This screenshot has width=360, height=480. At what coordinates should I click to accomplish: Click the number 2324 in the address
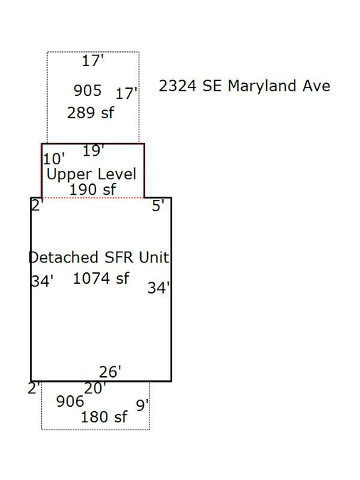tap(177, 86)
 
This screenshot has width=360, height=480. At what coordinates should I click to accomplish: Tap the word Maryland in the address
tap(262, 86)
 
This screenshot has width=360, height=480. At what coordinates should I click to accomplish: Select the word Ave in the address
tap(317, 86)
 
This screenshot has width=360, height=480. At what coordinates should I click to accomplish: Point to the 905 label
tap(88, 90)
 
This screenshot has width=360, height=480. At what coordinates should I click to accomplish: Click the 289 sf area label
tap(90, 112)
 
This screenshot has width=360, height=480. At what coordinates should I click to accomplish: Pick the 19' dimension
tap(93, 151)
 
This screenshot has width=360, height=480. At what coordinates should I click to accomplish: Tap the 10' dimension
tap(54, 159)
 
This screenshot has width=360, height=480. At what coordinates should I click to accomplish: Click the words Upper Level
tap(91, 174)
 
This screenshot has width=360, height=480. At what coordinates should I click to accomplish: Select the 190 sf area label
tap(92, 189)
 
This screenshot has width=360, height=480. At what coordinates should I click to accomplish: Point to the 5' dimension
tap(158, 206)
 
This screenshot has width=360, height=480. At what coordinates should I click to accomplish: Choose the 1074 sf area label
tap(101, 279)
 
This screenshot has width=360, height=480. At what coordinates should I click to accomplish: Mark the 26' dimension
tap(110, 372)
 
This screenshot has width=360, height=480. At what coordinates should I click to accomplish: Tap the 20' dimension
tap(95, 388)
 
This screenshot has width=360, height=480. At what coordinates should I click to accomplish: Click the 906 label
tap(70, 401)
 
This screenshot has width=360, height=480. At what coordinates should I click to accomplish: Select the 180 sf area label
tap(104, 417)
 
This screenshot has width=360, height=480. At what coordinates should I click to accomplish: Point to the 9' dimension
tap(142, 405)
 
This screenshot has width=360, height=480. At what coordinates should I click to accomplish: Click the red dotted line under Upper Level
tap(92, 198)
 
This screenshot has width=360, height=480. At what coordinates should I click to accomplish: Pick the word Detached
tap(63, 257)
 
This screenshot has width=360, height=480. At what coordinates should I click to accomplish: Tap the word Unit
tap(154, 257)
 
